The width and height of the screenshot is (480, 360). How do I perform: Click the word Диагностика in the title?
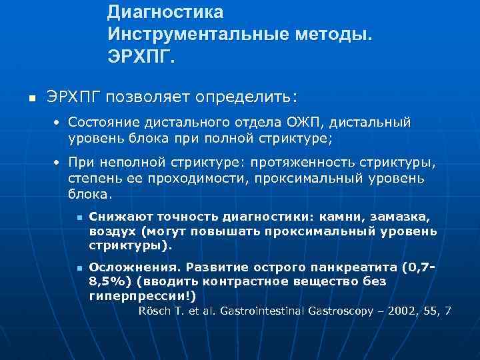coord(165,13)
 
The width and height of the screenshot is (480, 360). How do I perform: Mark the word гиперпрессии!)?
coord(143,295)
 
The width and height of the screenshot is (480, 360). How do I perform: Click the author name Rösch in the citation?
coord(155,311)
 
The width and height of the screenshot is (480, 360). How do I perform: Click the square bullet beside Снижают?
coord(79,218)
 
